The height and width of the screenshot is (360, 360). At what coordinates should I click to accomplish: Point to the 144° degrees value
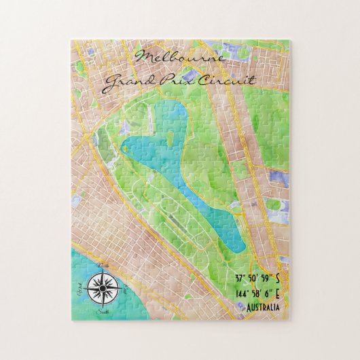[x=221, y=294]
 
